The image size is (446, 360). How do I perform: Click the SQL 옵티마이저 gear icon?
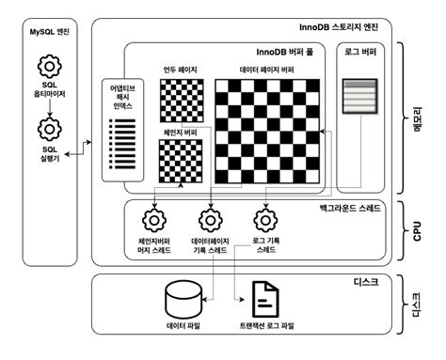(x=49, y=67)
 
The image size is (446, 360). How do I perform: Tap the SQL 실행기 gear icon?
(x=49, y=129)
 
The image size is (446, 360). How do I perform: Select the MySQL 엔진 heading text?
(x=49, y=32)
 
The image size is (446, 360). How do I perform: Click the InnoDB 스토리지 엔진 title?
(x=339, y=27)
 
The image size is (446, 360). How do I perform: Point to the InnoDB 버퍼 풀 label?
(x=285, y=52)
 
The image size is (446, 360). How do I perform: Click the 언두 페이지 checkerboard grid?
(x=182, y=101)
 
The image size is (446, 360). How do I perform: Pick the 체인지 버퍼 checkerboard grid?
(x=181, y=161)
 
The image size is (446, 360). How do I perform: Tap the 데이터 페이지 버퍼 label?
(x=267, y=70)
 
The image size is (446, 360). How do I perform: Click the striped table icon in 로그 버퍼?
(x=359, y=96)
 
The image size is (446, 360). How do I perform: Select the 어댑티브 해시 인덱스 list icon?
(x=122, y=144)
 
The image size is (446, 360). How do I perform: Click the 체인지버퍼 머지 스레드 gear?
(x=154, y=220)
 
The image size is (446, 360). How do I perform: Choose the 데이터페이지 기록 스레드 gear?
(x=211, y=220)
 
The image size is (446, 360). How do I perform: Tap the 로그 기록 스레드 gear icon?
(x=265, y=220)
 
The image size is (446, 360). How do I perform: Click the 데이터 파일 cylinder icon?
(x=183, y=300)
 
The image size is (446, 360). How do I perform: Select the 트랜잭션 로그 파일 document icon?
(x=265, y=299)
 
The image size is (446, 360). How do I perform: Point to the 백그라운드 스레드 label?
(x=350, y=208)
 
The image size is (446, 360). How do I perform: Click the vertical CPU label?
(x=417, y=231)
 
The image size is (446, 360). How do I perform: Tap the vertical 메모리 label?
(x=418, y=119)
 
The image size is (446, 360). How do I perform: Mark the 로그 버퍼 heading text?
(x=360, y=52)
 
